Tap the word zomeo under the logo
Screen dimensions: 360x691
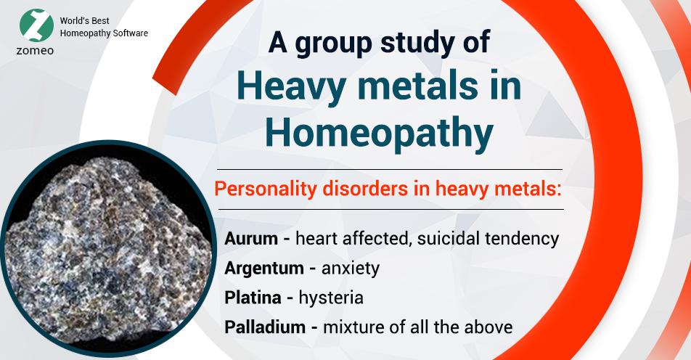(x=36, y=52)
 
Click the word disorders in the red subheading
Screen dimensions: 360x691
(x=359, y=189)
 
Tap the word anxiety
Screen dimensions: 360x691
(x=351, y=269)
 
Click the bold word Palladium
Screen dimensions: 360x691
(x=264, y=327)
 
